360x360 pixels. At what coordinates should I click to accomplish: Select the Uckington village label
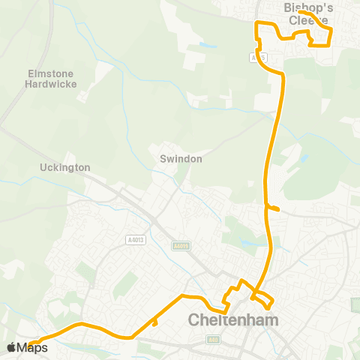coord(65,167)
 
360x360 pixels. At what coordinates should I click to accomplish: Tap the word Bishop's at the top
coord(309,7)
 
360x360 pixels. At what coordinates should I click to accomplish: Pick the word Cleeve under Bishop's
coord(308,20)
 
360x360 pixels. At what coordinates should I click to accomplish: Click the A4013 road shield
coord(134,240)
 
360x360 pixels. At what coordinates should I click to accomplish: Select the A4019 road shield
coord(180,244)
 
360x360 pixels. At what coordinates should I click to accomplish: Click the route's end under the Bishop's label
coord(300,13)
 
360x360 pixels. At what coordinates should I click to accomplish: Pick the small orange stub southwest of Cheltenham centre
coord(154,323)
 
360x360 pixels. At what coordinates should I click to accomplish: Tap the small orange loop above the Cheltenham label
coord(262,300)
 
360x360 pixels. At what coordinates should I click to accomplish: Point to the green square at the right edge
coord(355,305)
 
